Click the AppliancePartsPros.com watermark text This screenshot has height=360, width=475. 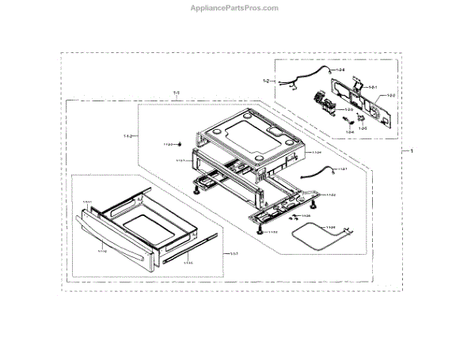click(x=237, y=8)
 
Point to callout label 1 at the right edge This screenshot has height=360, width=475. click(x=410, y=150)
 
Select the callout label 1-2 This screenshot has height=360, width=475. click(x=267, y=81)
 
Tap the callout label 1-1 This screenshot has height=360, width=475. click(x=176, y=94)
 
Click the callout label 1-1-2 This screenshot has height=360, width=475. click(x=128, y=137)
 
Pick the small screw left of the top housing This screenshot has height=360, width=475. click(x=180, y=144)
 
